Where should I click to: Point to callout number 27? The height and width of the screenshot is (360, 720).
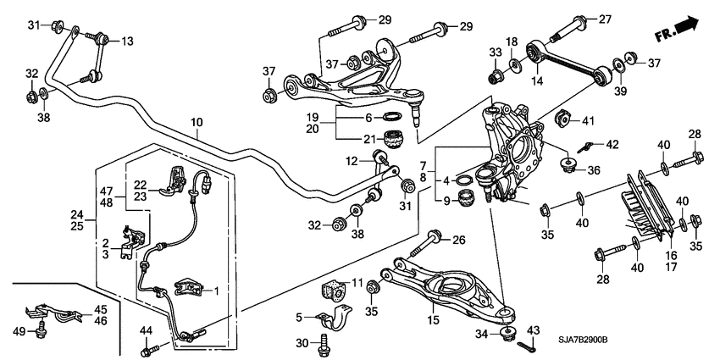tap(629, 19)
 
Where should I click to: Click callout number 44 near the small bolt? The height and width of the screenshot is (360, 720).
tap(146, 331)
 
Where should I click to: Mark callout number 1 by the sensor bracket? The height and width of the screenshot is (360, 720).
tap(217, 291)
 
